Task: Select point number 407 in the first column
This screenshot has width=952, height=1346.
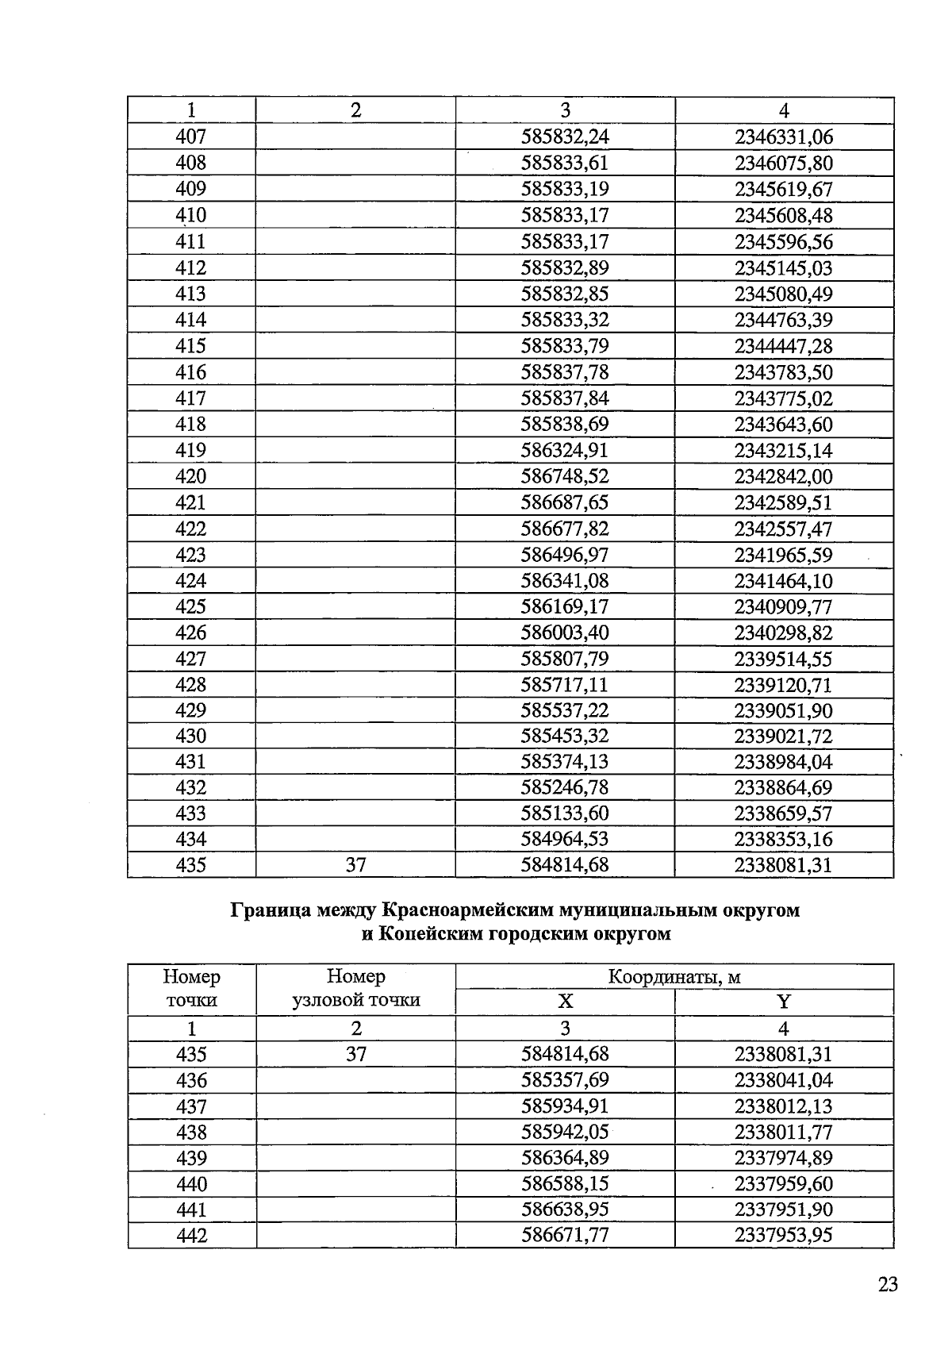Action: tap(190, 137)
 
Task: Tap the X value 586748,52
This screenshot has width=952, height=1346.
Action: tap(565, 476)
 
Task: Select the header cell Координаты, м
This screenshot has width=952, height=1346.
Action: tap(674, 977)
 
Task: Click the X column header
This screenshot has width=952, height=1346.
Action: tap(565, 1002)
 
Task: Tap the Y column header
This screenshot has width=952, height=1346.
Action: tap(784, 1002)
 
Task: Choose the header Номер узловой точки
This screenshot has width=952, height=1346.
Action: tap(355, 989)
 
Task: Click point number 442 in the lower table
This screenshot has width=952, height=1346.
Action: tap(191, 1236)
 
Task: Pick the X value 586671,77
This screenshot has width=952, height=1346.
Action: tap(565, 1236)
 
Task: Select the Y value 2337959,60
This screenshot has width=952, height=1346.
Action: tap(784, 1184)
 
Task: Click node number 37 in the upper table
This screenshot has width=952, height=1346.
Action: tap(355, 865)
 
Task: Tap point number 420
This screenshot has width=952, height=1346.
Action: tap(190, 476)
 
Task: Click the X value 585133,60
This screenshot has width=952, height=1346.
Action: tap(565, 813)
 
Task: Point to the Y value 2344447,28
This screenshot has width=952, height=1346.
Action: tap(784, 346)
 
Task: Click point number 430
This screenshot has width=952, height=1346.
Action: tap(190, 736)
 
